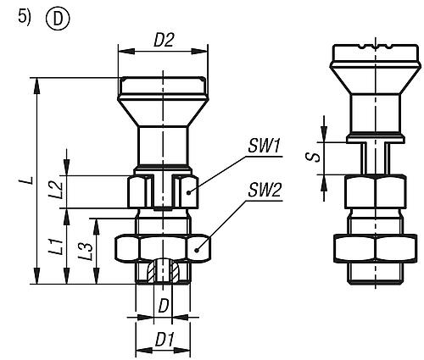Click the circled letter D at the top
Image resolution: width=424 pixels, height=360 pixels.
click(x=58, y=19)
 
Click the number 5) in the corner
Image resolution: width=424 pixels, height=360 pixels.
click(x=24, y=17)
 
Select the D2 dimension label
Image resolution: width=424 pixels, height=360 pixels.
click(x=164, y=40)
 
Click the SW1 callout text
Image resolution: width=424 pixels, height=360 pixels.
click(x=264, y=147)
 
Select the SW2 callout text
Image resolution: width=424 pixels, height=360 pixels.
click(x=264, y=191)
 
